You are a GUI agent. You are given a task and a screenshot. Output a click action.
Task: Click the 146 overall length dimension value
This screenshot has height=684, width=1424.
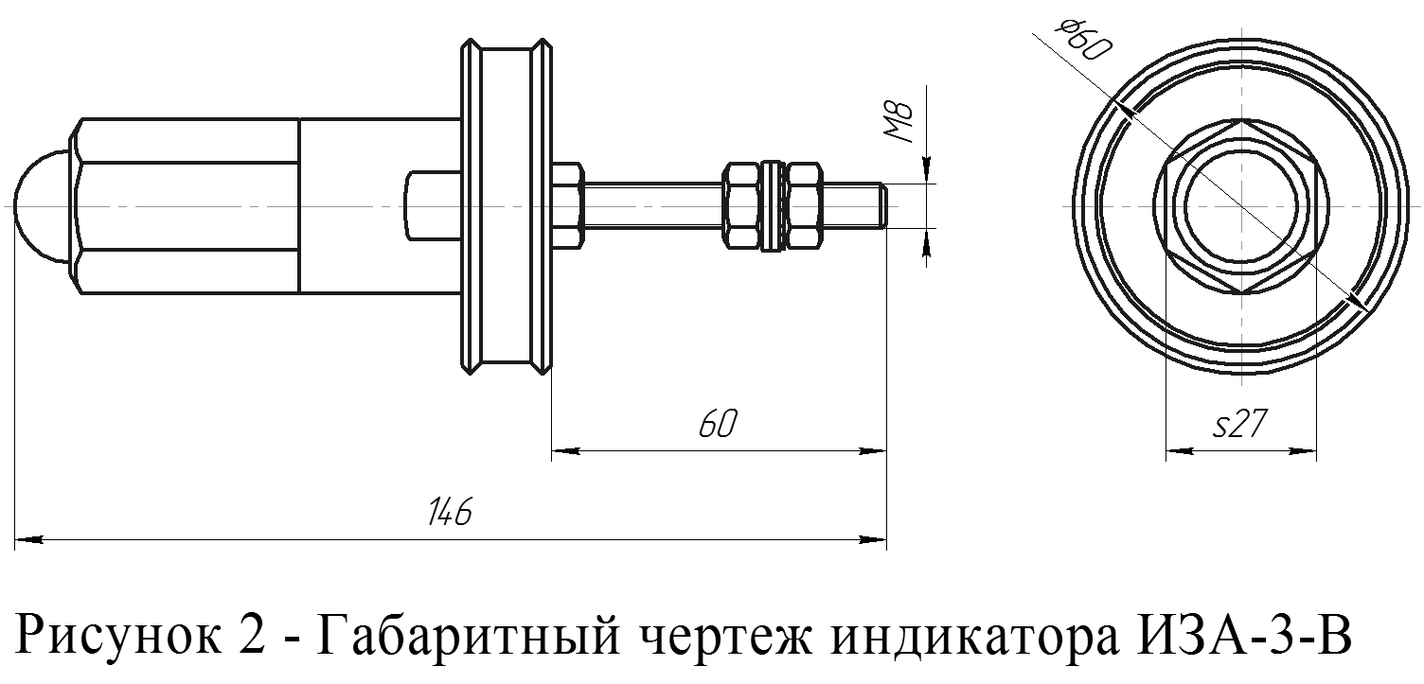click(x=449, y=513)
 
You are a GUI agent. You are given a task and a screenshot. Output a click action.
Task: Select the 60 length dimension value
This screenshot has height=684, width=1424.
click(x=717, y=426)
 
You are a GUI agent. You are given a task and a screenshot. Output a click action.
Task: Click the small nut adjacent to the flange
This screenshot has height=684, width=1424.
click(x=566, y=205)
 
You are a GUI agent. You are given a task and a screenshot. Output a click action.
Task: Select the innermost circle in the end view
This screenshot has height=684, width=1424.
click(x=1240, y=205)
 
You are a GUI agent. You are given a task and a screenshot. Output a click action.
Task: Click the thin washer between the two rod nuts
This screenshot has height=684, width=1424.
click(x=773, y=205)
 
